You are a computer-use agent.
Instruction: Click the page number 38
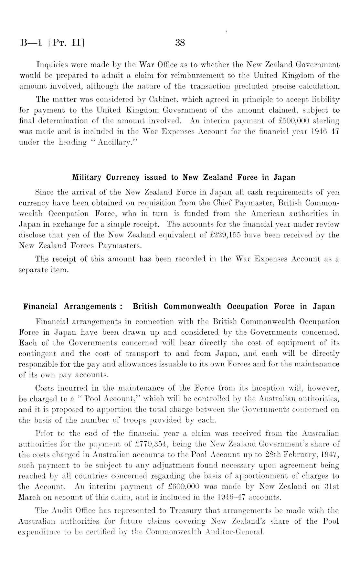(x=180, y=43)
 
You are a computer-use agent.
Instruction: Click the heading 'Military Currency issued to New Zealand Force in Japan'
(x=184, y=178)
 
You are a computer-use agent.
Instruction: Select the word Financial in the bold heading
(x=40, y=306)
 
